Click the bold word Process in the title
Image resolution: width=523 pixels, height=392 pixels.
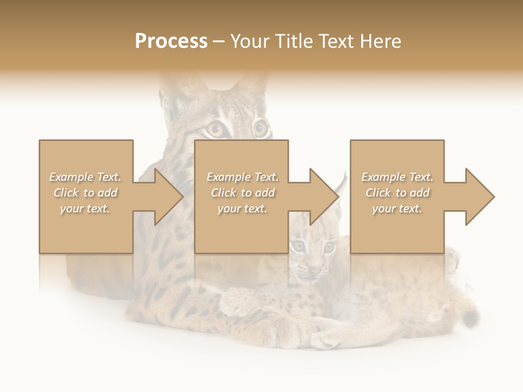click(x=171, y=41)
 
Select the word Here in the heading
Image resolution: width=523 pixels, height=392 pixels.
click(x=381, y=41)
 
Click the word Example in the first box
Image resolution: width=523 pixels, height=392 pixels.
click(x=71, y=177)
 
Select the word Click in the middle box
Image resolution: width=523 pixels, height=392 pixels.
click(x=222, y=193)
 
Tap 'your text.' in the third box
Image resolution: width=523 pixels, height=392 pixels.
click(x=397, y=209)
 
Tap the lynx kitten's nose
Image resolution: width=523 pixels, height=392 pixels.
click(x=315, y=268)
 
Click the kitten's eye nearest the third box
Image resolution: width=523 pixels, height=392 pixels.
click(x=329, y=248)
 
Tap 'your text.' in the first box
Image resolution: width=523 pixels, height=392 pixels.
click(x=85, y=209)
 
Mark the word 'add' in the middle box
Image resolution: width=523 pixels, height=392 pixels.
click(x=264, y=193)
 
